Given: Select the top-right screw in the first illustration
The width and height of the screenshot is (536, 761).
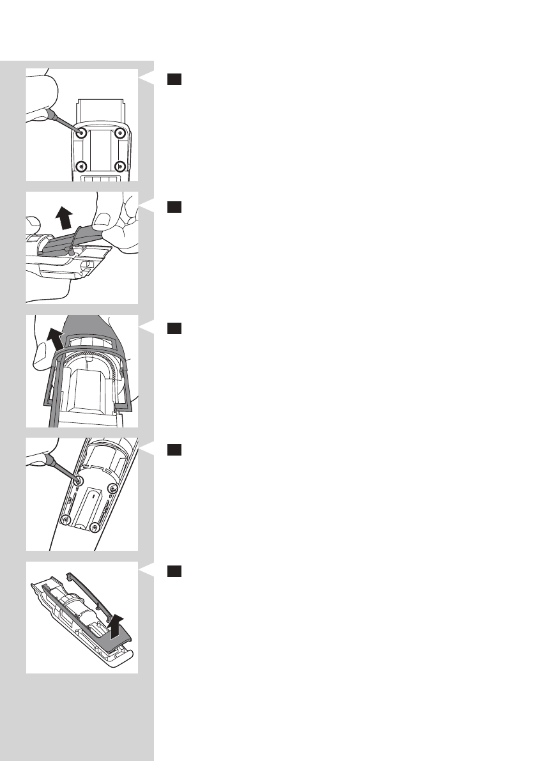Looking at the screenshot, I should tap(119, 134).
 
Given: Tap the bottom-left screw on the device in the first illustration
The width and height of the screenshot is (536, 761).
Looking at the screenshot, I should tap(81, 166).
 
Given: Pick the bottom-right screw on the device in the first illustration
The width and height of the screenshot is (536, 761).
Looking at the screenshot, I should tap(119, 166).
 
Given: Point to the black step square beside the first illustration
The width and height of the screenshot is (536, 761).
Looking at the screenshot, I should tap(175, 79).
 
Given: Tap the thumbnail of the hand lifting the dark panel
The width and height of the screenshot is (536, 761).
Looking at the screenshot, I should tap(82, 248).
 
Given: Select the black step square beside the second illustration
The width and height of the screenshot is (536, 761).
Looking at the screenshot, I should tap(175, 206).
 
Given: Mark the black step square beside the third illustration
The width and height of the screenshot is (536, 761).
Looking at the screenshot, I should tap(175, 328).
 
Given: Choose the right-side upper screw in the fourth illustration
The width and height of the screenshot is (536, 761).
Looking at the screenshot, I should tap(113, 489).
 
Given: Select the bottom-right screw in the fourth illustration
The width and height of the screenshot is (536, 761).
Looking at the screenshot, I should tap(95, 527).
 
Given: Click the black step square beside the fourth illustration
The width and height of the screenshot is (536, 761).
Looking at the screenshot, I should tap(175, 450).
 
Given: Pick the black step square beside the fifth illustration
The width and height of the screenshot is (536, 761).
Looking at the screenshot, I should tap(175, 571).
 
